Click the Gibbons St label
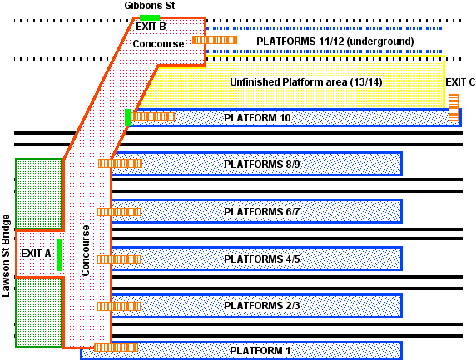(149, 6)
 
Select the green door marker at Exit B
(150, 17)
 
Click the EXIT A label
(36, 254)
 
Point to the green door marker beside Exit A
(60, 254)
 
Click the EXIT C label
(460, 82)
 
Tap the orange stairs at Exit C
(454, 107)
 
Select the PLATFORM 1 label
(260, 351)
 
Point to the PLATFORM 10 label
(258, 118)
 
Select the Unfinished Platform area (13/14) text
(305, 82)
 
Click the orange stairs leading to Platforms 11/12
(210, 40)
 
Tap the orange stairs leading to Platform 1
(116, 348)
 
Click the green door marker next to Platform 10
(128, 117)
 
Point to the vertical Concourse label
(85, 250)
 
